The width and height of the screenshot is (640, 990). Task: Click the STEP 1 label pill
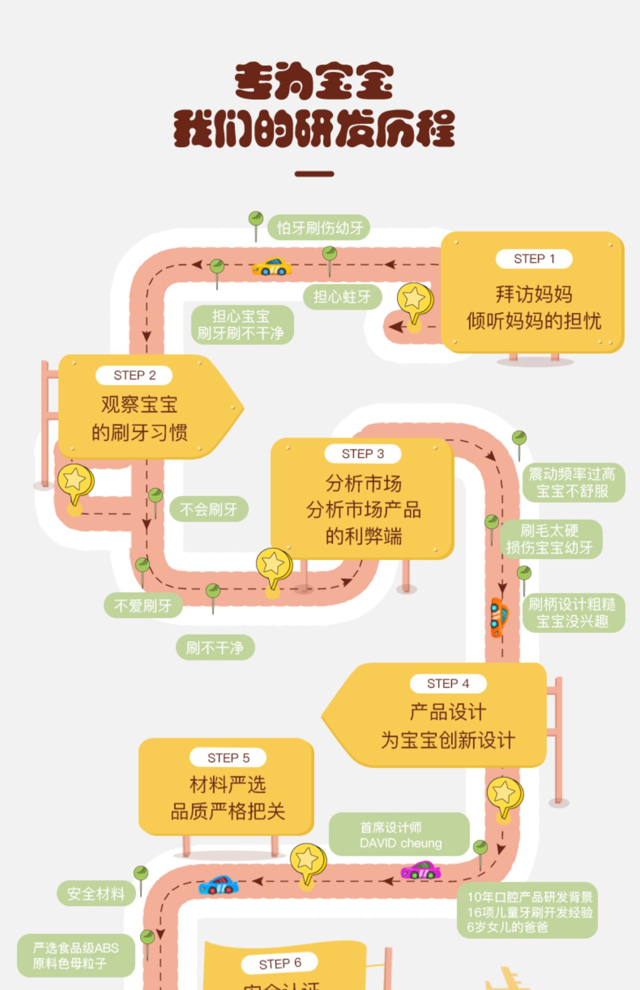coord(534,259)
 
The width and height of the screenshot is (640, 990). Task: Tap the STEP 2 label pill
coord(134,375)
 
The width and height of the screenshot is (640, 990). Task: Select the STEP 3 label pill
coord(363,454)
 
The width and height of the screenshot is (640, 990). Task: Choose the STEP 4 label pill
coord(448,683)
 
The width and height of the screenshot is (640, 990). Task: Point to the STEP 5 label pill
coord(228,758)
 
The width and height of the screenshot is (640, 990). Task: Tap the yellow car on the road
coord(272,267)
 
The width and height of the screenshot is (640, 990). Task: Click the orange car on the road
coord(498,617)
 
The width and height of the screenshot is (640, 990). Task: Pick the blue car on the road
coord(218,885)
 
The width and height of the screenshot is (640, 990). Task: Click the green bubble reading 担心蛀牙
coord(342,297)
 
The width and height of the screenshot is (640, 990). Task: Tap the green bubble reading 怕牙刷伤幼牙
coord(319,228)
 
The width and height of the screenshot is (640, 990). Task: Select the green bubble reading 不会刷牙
coord(209,509)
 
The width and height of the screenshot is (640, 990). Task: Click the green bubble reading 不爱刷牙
coord(143,605)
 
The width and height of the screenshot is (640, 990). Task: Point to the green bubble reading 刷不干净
coord(215,648)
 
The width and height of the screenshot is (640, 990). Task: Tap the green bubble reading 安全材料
coord(96,894)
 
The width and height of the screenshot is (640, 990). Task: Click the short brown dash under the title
coord(314,174)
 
